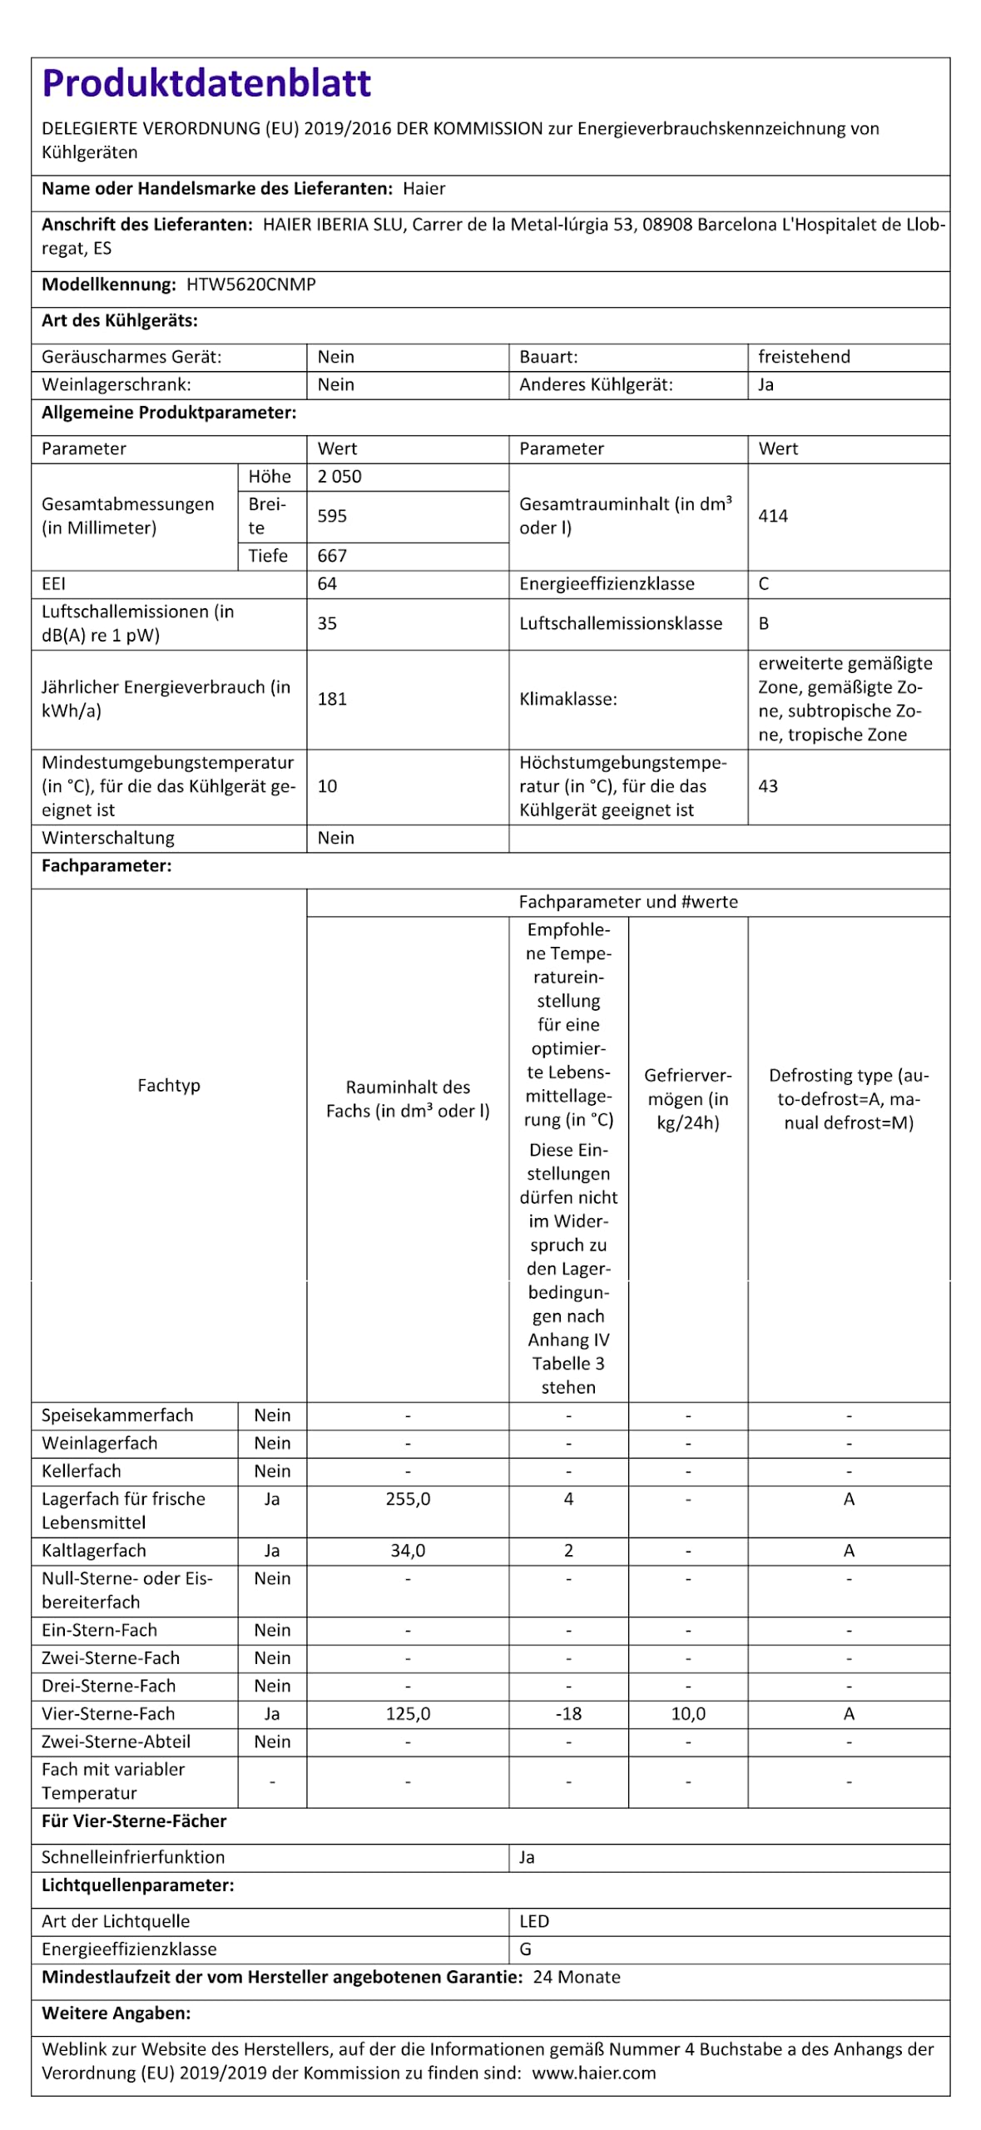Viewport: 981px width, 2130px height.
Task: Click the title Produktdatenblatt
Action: (206, 83)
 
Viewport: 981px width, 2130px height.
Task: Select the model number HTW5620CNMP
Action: (250, 285)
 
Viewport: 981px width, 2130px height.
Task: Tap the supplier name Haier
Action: (424, 189)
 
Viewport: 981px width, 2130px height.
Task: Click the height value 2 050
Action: (339, 477)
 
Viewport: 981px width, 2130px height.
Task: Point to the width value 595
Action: (332, 516)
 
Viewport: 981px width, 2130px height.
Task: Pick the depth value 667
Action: (332, 556)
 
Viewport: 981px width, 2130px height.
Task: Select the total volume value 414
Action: (772, 516)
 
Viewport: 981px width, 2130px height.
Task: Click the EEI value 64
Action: (327, 584)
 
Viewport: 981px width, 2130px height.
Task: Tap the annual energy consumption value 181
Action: (332, 699)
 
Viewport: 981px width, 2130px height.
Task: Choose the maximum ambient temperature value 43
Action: (767, 786)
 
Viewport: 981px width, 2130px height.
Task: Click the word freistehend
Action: (804, 357)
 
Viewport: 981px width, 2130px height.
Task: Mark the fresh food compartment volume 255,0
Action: (408, 1499)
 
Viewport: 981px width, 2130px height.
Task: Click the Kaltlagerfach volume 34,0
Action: (408, 1551)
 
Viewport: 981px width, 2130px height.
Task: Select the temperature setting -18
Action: (568, 1714)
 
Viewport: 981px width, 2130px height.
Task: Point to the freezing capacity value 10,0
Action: (688, 1714)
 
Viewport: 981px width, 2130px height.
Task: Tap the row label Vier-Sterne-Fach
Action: (108, 1714)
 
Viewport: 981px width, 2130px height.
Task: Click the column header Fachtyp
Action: (169, 1086)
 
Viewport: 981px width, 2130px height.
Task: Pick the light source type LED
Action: (534, 1921)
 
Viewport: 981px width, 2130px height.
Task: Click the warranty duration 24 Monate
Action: (577, 1977)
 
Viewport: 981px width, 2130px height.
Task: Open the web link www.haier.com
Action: (593, 2073)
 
